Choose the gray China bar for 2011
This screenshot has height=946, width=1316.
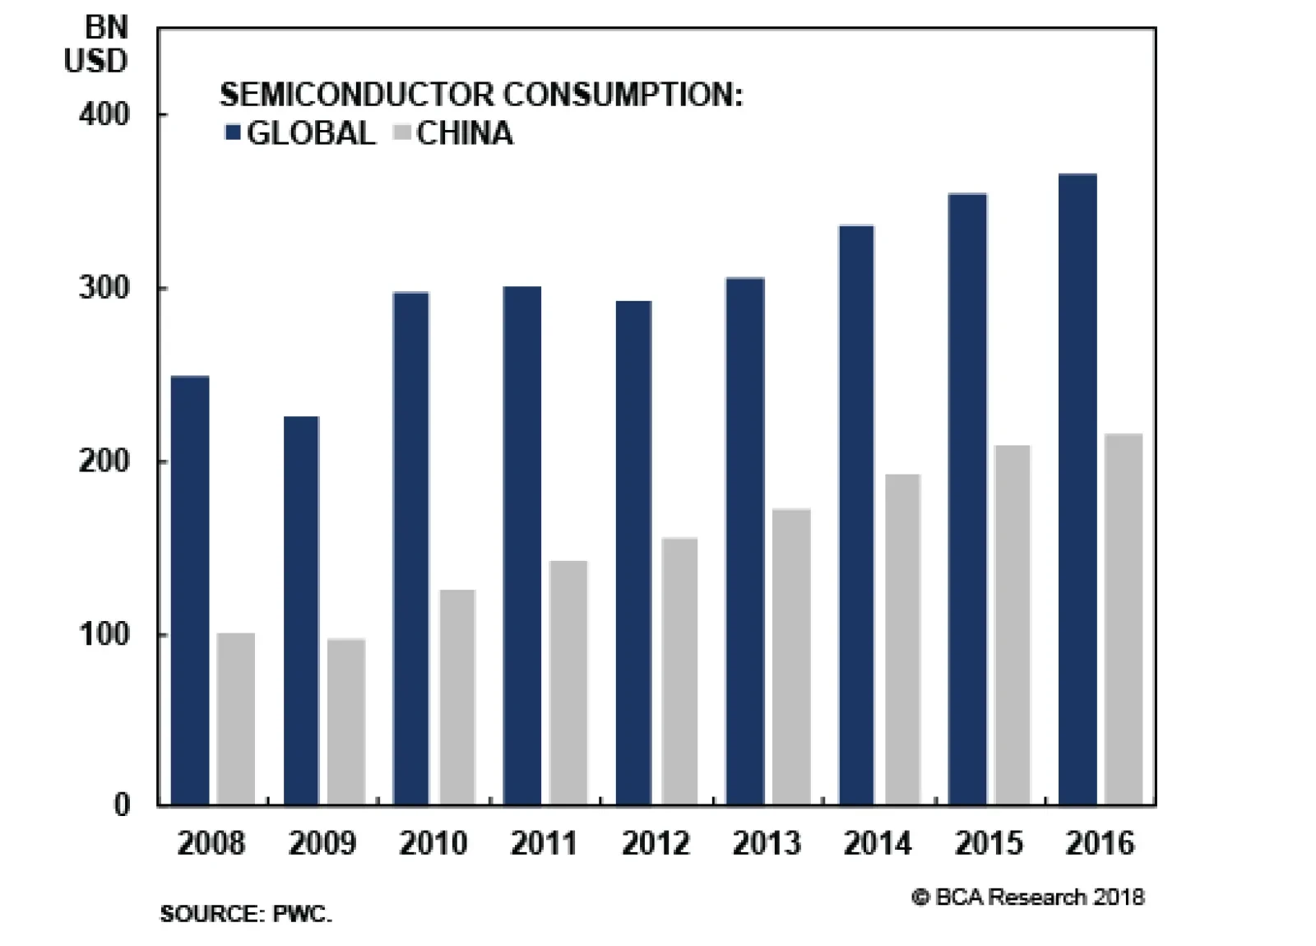click(568, 682)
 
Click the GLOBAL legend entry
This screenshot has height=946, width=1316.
click(301, 133)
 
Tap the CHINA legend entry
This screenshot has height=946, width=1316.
click(455, 133)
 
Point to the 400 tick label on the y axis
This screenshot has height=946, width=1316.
click(104, 114)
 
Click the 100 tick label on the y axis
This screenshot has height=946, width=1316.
click(104, 635)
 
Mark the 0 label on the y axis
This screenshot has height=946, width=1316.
click(122, 805)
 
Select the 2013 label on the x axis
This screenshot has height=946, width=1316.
click(766, 843)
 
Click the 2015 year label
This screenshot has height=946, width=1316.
click(988, 843)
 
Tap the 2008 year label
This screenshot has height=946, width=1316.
click(211, 843)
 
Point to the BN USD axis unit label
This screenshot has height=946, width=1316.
click(98, 44)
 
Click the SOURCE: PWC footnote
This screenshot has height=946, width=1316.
click(246, 914)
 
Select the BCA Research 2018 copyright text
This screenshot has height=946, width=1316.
click(1028, 897)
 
